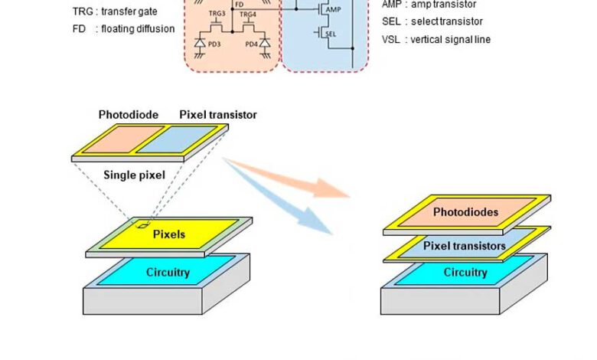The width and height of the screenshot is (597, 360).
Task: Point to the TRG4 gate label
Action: coord(247,15)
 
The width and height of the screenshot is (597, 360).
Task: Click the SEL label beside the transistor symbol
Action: coord(331,34)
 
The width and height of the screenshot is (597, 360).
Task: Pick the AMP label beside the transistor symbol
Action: coord(334,10)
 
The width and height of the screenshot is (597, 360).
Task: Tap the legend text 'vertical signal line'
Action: coord(446,39)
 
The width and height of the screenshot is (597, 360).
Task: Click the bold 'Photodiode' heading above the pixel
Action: coord(129,115)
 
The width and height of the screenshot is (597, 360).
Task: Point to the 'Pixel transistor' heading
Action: coord(218,115)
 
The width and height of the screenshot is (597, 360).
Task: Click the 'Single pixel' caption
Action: coord(135,175)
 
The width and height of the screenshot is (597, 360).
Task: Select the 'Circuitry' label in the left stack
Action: coord(168,272)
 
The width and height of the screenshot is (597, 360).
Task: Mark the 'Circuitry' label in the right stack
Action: coord(465,273)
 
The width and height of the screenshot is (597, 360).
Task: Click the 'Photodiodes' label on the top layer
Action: coord(465,212)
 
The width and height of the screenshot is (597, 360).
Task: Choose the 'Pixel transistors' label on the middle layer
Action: coord(465,246)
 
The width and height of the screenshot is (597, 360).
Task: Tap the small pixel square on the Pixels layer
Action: coord(143,225)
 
